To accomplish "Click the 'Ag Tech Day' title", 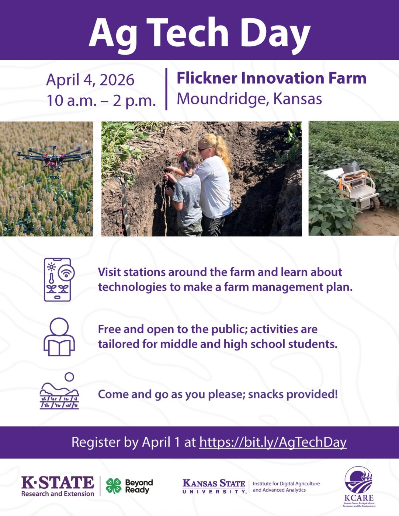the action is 200,33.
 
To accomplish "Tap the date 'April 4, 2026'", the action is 90,80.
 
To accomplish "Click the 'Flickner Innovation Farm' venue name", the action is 271,78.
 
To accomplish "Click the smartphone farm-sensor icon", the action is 59,279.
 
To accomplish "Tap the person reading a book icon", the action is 59,337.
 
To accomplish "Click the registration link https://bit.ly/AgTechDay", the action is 273,442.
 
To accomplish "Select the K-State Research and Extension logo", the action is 58,486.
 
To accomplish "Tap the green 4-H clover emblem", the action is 114,486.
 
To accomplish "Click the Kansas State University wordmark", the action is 214,486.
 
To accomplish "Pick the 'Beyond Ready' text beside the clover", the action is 139,486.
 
